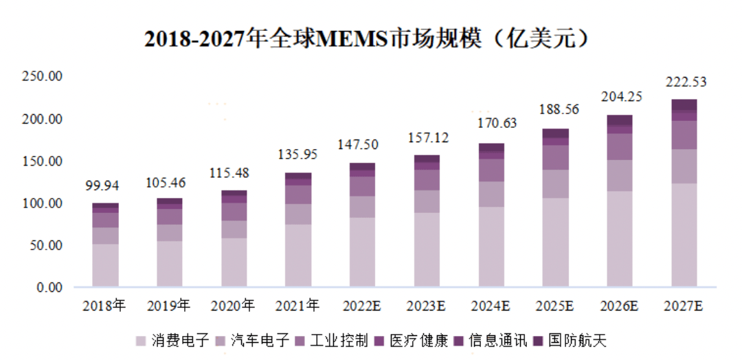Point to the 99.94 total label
tap(104, 186)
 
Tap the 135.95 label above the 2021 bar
tap(297, 155)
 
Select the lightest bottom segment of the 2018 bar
tap(104, 265)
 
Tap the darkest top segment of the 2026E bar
tap(619, 120)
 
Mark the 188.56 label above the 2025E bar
tap(555, 111)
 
